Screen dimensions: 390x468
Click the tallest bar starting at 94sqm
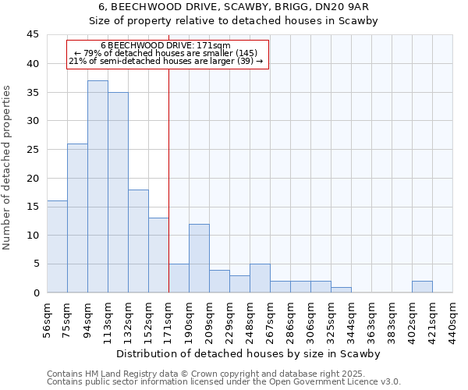(x=97, y=186)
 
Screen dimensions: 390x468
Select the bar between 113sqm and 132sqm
(x=118, y=193)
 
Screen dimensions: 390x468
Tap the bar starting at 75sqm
(x=77, y=218)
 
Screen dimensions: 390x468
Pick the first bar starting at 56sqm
(x=57, y=246)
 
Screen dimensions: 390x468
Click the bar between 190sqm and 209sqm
(x=199, y=258)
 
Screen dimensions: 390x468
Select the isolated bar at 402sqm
(x=422, y=287)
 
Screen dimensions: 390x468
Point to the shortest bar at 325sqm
(x=341, y=290)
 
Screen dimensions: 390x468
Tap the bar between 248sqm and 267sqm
(x=260, y=278)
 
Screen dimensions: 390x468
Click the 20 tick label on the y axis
(x=34, y=178)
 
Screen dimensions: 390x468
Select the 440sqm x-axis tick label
(x=452, y=319)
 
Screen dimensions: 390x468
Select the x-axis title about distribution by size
(x=248, y=354)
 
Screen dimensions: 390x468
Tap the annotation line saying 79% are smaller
(x=166, y=53)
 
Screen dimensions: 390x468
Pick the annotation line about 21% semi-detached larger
(x=166, y=61)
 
